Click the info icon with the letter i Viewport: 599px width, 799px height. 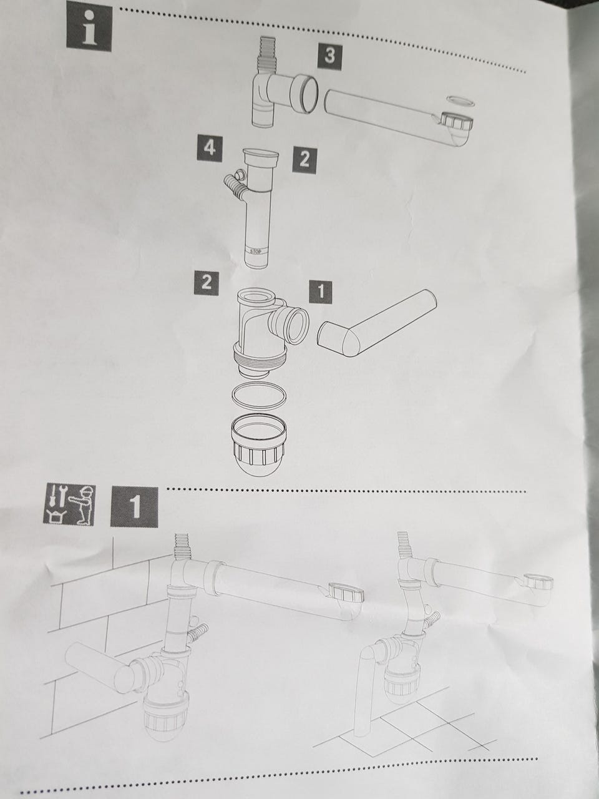(x=89, y=28)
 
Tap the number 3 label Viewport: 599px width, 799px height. (x=329, y=56)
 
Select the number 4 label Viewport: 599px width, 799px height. (x=210, y=148)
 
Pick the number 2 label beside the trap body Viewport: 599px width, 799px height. (x=206, y=283)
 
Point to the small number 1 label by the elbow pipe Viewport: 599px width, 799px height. (x=321, y=292)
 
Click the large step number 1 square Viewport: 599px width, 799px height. (x=134, y=507)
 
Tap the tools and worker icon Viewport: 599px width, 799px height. (x=69, y=504)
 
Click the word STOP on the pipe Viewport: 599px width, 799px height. (x=256, y=251)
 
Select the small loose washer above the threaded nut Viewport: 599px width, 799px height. (x=460, y=101)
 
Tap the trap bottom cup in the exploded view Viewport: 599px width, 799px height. (x=258, y=445)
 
